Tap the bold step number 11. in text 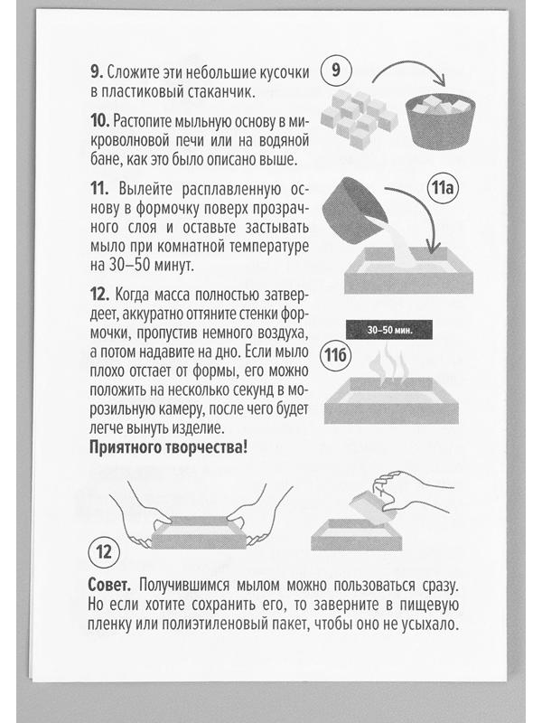pos(99,189)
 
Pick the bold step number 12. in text pos(99,295)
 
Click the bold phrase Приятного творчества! pos(170,446)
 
